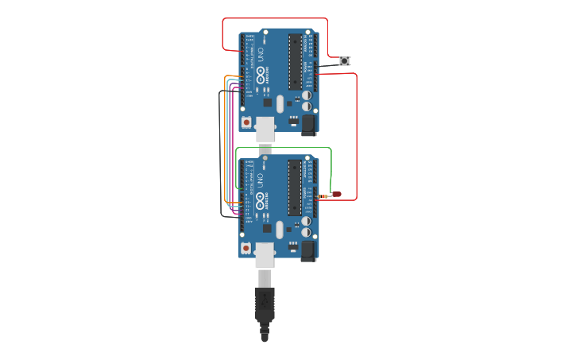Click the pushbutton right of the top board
[344, 60]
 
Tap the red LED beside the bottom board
[336, 194]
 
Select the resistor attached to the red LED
[323, 195]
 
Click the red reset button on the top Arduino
[246, 122]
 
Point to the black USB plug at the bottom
[265, 306]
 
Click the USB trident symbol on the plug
[265, 300]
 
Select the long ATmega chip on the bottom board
[295, 188]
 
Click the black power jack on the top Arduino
[307, 123]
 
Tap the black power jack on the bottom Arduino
[307, 250]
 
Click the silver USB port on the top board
[265, 128]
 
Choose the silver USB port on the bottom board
[265, 254]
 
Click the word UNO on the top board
[260, 54]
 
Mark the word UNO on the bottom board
[260, 180]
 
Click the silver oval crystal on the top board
[280, 103]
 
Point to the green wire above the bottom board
[286, 148]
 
